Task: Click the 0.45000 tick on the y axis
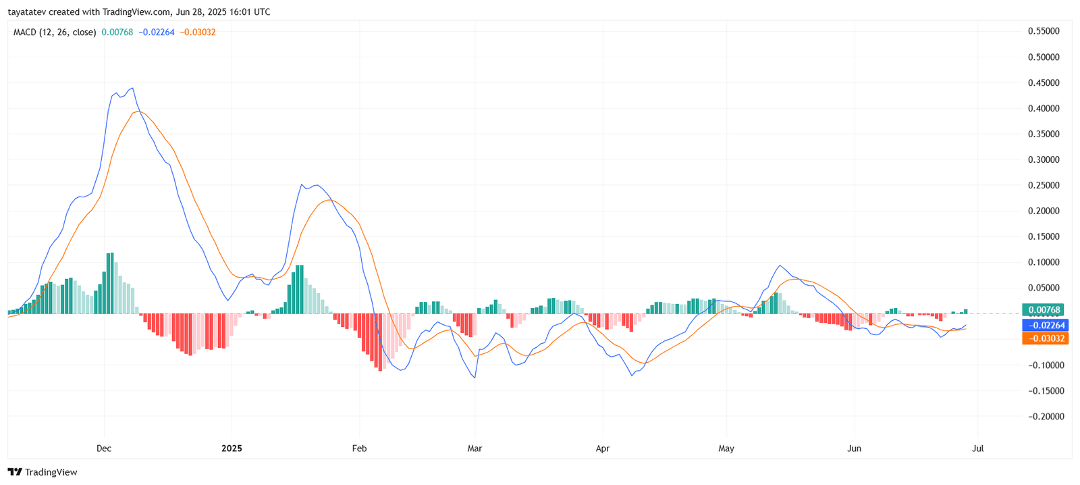click(1044, 83)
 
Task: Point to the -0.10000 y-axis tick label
click(1044, 365)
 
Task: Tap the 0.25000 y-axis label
click(1044, 186)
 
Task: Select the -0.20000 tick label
click(1044, 417)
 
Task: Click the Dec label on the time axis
click(104, 449)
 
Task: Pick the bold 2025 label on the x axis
click(232, 449)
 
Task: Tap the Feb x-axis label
click(359, 449)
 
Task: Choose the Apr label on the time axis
click(602, 449)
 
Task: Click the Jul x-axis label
click(977, 449)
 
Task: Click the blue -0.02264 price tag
click(1045, 326)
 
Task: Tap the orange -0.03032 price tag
click(1045, 338)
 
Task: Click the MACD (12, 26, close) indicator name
click(55, 32)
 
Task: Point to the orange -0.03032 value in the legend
click(198, 32)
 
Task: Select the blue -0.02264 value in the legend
click(157, 32)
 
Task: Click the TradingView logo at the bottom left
click(43, 472)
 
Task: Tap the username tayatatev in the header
click(26, 12)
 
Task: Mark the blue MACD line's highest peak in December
click(132, 88)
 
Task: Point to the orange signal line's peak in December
click(138, 111)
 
